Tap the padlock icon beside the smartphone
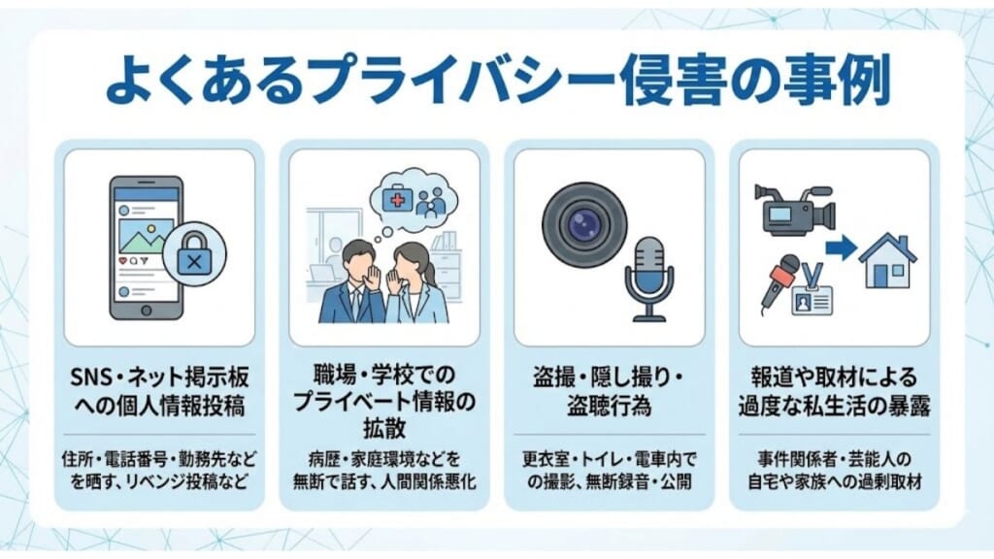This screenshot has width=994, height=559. [x=194, y=260]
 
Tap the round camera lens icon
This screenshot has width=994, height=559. [x=581, y=224]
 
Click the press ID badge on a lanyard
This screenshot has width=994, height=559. [x=815, y=292]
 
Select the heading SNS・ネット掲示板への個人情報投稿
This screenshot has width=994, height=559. [x=159, y=388]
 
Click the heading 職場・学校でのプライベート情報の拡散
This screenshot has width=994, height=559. [x=383, y=398]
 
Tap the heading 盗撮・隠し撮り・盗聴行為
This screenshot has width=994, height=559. [x=609, y=388]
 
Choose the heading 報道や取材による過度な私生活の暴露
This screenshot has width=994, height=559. [x=834, y=388]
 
